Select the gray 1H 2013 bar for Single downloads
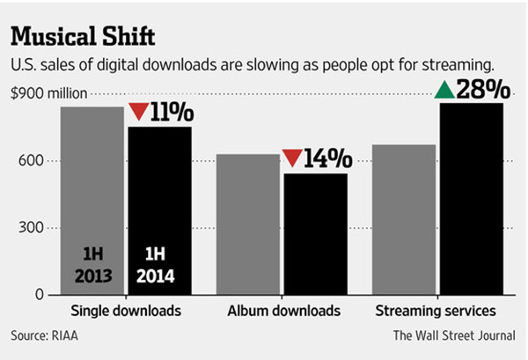[92, 202]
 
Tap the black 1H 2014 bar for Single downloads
[159, 211]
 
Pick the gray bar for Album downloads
[249, 225]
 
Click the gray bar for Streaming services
[404, 220]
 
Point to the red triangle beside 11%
[138, 113]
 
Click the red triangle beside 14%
[292, 158]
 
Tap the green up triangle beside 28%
[444, 90]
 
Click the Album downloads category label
[282, 311]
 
